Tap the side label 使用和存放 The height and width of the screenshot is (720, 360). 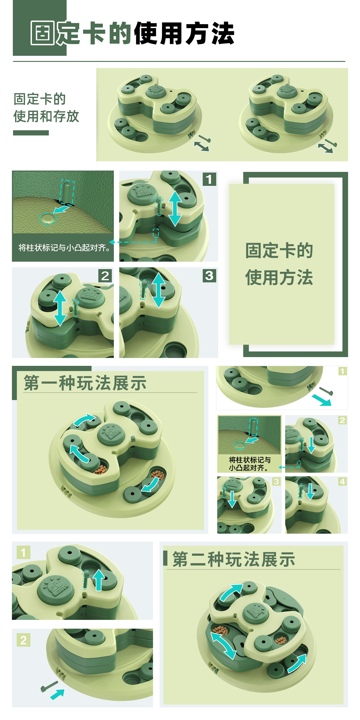point(46,116)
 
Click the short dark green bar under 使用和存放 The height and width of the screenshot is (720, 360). point(31,133)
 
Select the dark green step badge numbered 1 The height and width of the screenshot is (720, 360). point(209,179)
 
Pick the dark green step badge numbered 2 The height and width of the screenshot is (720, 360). point(105,276)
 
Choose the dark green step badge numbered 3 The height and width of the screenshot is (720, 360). point(209,276)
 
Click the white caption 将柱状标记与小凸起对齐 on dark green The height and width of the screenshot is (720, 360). point(64,248)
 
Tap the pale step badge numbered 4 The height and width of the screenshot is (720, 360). point(342,481)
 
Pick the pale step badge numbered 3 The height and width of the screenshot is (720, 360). point(276,481)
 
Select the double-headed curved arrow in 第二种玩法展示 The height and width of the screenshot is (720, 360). point(223,645)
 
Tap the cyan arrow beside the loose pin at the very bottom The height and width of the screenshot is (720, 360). point(58,694)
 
